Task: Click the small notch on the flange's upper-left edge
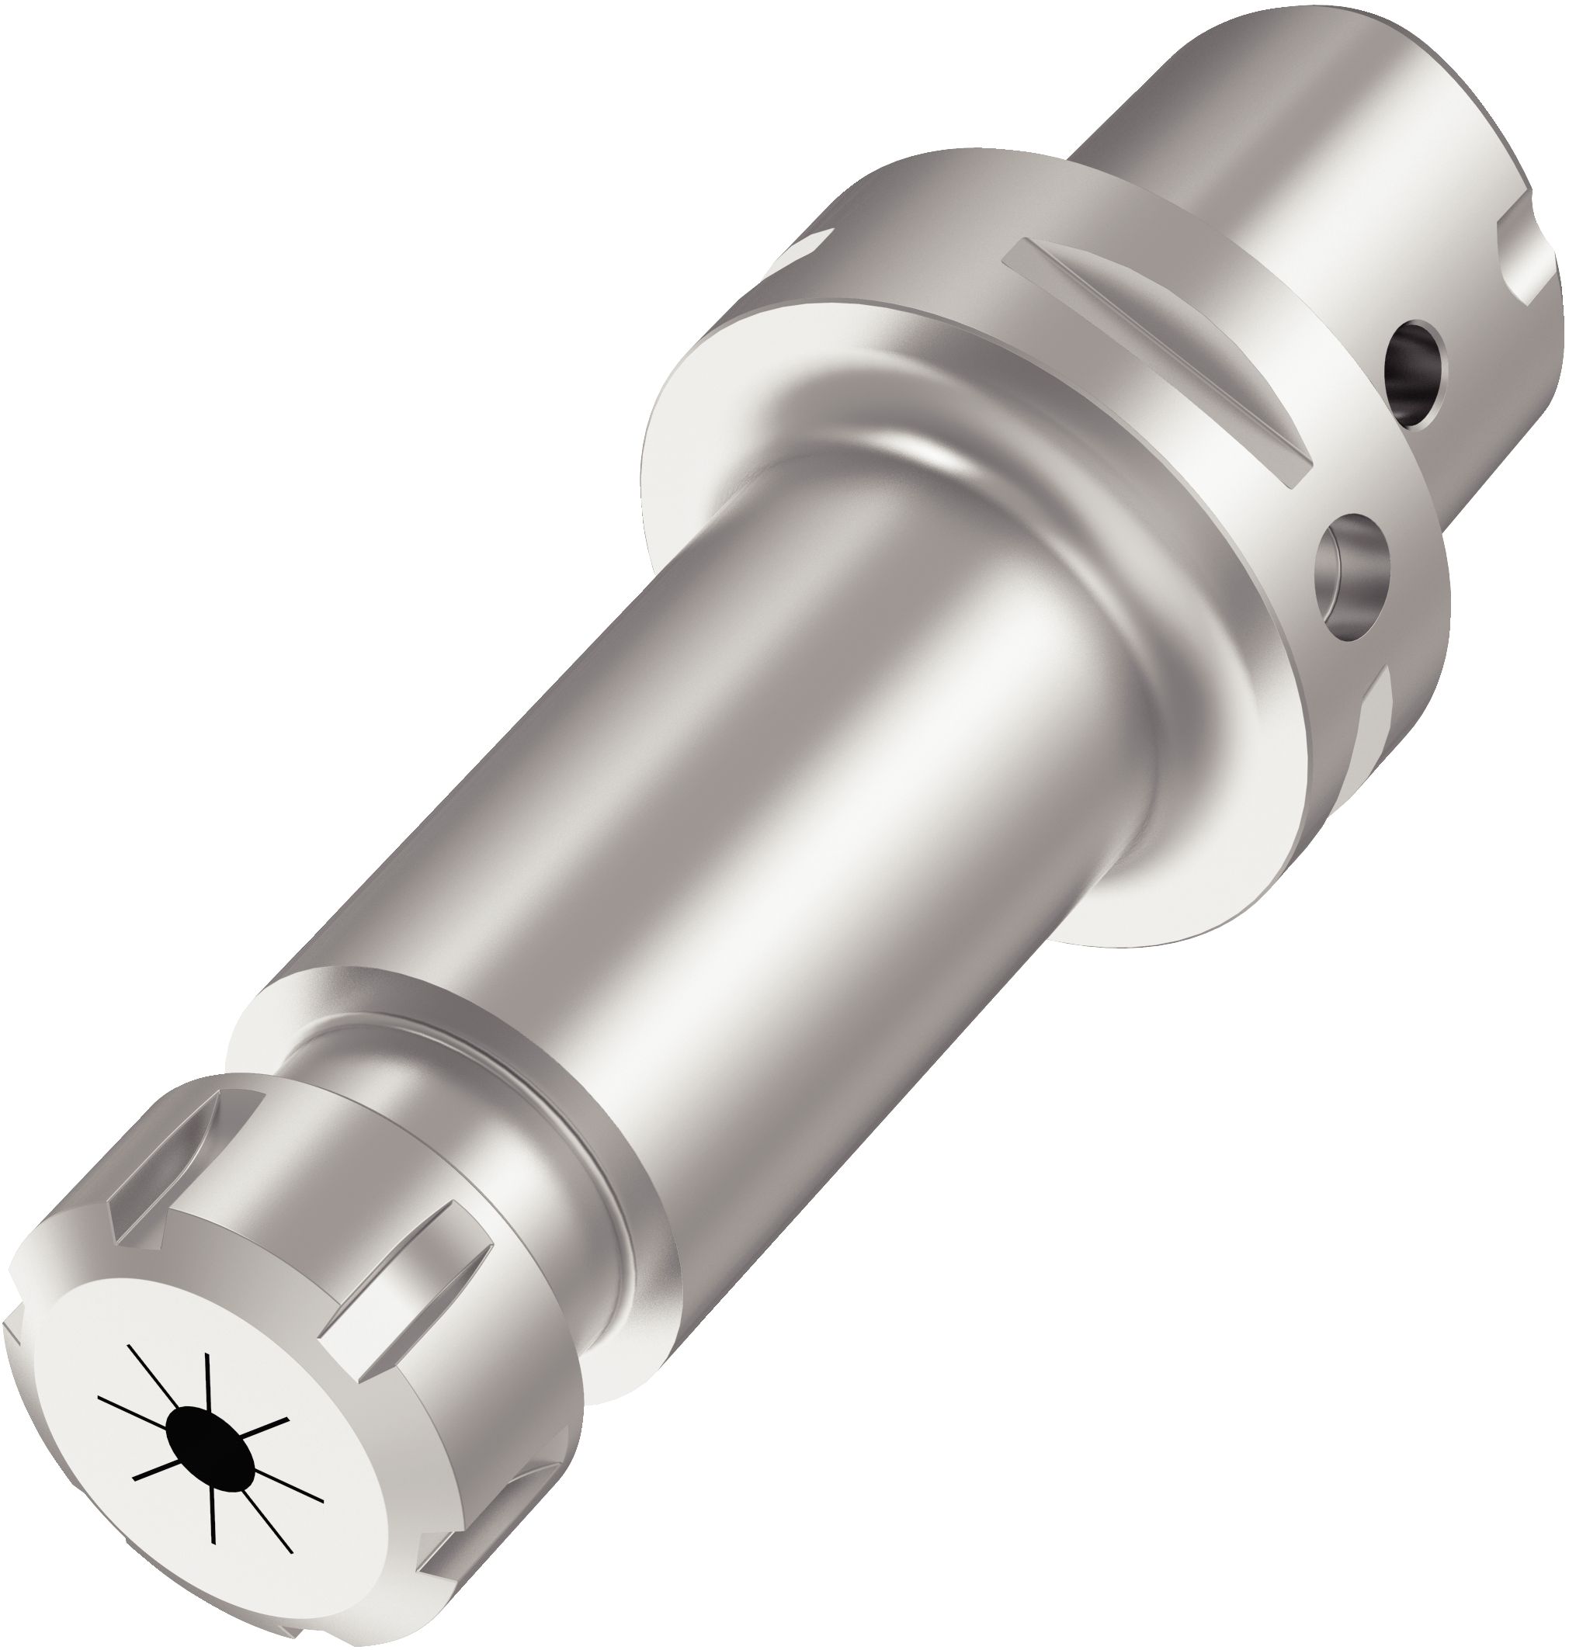point(804,248)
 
